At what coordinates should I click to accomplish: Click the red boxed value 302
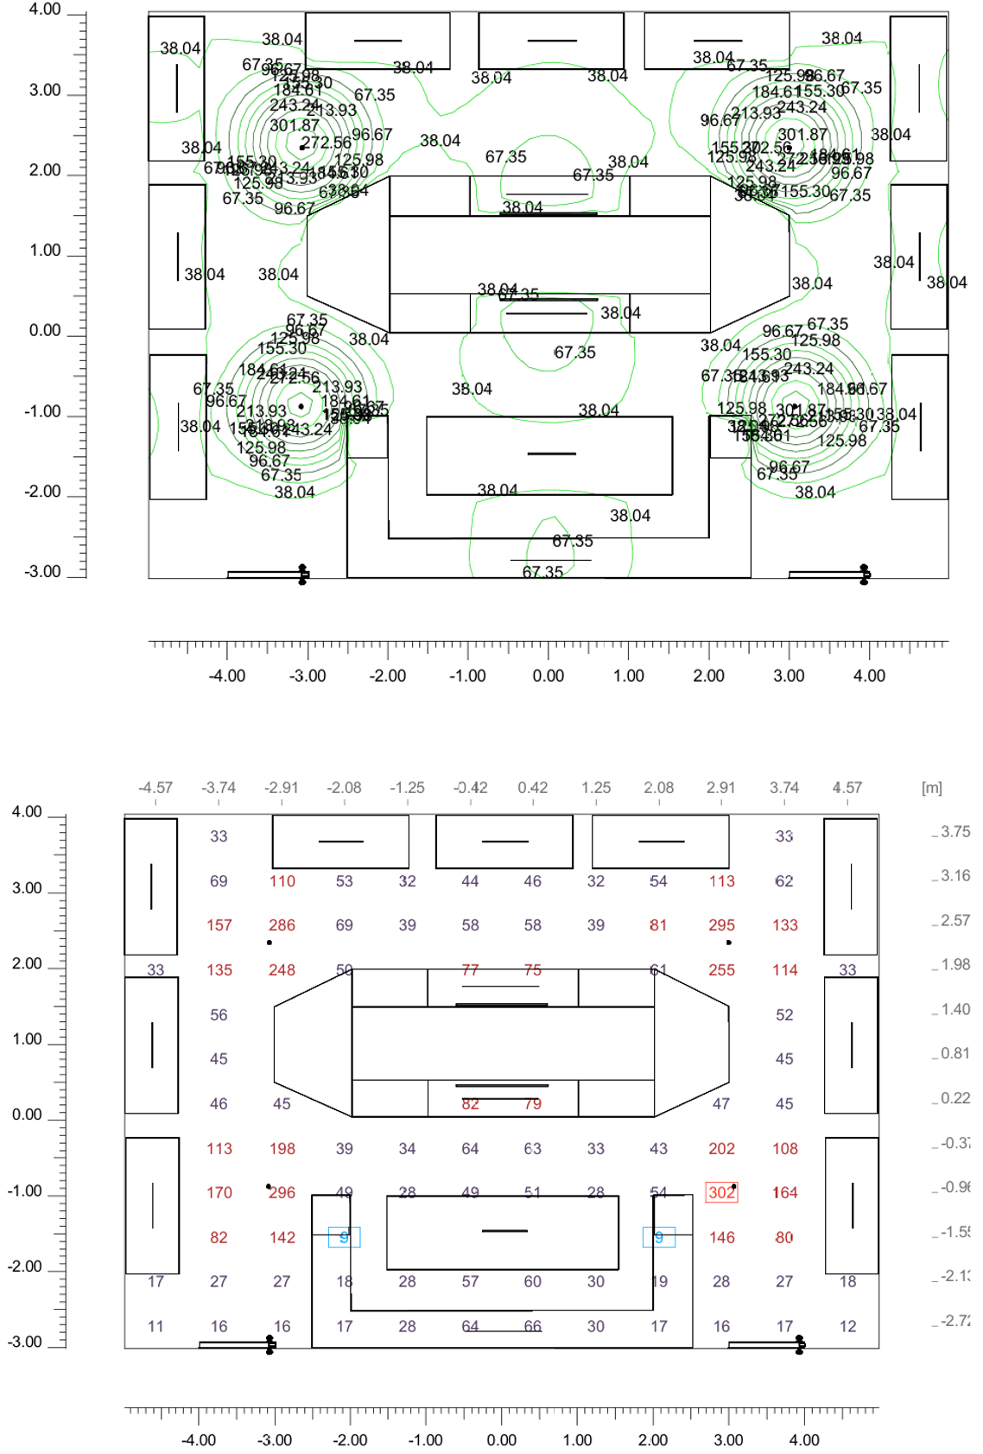[721, 1193]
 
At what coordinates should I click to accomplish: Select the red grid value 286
[282, 925]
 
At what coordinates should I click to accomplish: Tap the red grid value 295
[721, 925]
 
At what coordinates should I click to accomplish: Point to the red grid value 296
[282, 1193]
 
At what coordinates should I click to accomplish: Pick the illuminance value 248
[282, 970]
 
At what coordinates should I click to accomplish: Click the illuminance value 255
[721, 970]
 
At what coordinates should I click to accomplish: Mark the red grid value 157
[219, 925]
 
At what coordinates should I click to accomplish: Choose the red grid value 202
[721, 1149]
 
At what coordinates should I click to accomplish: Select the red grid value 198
[282, 1149]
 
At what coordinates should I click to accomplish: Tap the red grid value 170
[219, 1193]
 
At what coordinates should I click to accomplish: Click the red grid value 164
[784, 1193]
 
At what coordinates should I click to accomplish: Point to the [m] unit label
[931, 788]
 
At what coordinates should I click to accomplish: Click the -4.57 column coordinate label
[155, 788]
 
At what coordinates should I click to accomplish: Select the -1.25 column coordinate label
[407, 788]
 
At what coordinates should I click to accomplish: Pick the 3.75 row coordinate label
[954, 832]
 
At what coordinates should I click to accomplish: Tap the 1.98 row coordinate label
[954, 964]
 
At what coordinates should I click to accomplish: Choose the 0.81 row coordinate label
[954, 1053]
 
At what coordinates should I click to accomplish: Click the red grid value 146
[721, 1238]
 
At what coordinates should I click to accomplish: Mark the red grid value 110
[282, 881]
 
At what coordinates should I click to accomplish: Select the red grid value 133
[784, 925]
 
